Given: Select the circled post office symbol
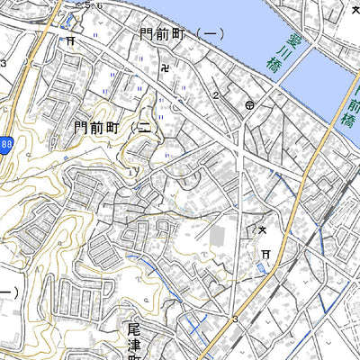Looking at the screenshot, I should [248, 105].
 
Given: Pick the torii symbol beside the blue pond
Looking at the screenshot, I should [266, 256].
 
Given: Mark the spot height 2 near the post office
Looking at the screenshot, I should [217, 94].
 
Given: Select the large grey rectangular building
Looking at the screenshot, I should [219, 238].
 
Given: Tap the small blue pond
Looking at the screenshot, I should [261, 268].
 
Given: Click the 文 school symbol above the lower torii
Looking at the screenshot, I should [264, 231].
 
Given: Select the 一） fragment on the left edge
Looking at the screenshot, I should [7, 292].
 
